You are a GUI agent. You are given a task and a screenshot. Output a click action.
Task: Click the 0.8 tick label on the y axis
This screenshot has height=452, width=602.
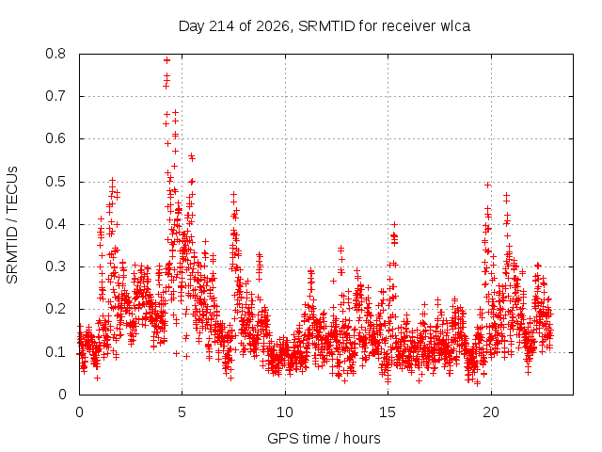tap(55, 54)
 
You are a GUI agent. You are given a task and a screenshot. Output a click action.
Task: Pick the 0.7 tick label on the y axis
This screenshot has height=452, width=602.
tap(55, 96)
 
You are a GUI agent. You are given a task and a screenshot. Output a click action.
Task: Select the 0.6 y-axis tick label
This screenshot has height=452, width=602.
tap(55, 138)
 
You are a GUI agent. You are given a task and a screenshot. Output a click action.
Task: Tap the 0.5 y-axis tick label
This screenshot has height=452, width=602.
tap(55, 182)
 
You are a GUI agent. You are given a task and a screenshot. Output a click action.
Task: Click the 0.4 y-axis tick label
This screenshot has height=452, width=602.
tap(55, 224)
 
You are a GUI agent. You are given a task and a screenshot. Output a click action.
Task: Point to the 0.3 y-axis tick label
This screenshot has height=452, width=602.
tap(55, 266)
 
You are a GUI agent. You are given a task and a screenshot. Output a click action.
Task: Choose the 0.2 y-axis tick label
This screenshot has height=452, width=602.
tap(55, 310)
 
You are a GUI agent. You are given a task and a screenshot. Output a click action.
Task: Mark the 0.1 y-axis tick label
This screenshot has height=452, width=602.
tap(55, 352)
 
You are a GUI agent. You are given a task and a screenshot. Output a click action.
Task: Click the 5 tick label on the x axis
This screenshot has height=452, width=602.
tap(182, 412)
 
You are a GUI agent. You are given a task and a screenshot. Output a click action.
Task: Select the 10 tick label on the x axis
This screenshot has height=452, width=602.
tap(285, 412)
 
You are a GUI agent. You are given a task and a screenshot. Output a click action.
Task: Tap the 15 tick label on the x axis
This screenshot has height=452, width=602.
tap(388, 412)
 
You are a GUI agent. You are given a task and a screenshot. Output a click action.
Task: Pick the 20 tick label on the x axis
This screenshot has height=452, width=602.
tap(491, 412)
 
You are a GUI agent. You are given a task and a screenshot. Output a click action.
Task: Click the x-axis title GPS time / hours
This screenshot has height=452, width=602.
tap(324, 439)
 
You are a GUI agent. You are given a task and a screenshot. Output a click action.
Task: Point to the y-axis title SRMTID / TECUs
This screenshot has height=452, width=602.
tap(12, 225)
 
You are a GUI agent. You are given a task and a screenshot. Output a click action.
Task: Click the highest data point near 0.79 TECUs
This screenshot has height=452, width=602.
tap(166, 60)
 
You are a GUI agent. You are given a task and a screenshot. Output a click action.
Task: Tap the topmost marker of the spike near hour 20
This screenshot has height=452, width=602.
tap(487, 186)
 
